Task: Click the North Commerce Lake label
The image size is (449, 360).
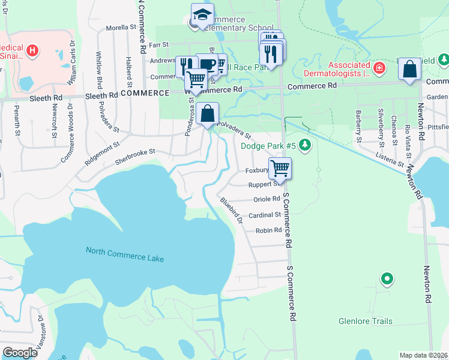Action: point(124,254)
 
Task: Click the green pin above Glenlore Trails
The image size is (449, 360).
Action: point(387,278)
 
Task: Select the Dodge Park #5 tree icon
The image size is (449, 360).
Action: point(305,145)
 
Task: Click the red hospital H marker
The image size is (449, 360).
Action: point(32,51)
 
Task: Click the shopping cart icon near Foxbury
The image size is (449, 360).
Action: point(280,168)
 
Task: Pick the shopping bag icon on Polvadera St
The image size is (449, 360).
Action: point(207,113)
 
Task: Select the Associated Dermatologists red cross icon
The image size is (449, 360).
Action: point(379,68)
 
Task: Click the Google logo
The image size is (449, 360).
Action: point(20,353)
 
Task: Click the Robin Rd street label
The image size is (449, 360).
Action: point(268,230)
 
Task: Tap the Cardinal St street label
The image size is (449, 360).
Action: point(265,215)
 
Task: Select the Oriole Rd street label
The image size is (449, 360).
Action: point(267,199)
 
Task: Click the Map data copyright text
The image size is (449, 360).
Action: point(424,355)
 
